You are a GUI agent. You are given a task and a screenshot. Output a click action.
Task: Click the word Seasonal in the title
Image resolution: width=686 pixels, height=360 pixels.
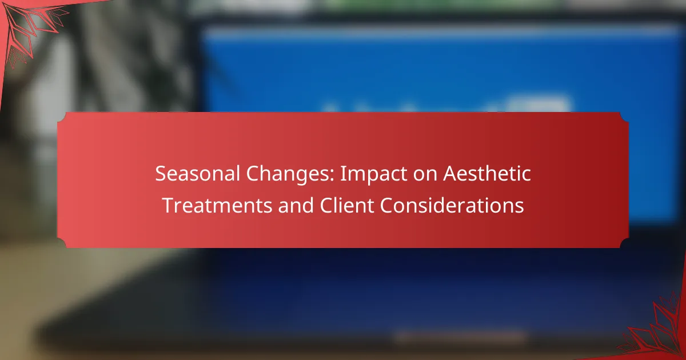pos(197,174)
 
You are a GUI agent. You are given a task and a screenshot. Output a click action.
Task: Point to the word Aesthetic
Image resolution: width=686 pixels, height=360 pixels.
pos(487,174)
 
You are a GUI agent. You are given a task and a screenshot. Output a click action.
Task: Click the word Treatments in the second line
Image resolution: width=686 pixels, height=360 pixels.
pos(217,205)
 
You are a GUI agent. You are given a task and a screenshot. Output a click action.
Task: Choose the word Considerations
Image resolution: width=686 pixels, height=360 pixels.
pos(452,205)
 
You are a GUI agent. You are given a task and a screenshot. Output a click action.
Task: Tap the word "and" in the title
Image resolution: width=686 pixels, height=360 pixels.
pos(296,205)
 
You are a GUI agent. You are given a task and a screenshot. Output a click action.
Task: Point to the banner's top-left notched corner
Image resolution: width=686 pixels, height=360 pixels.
pos(61,117)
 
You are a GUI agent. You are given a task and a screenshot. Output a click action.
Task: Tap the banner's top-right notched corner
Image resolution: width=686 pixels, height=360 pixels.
pos(625,117)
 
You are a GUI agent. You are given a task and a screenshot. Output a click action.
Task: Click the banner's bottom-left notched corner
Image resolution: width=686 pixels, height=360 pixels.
pos(61,243)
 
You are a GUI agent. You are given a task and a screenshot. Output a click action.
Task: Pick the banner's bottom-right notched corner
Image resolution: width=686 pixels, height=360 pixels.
pos(625,243)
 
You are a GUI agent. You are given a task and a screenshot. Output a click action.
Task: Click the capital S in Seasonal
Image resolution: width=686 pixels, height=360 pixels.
pos(161,174)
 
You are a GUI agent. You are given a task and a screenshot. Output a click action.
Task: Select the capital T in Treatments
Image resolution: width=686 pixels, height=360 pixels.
pos(169,205)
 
